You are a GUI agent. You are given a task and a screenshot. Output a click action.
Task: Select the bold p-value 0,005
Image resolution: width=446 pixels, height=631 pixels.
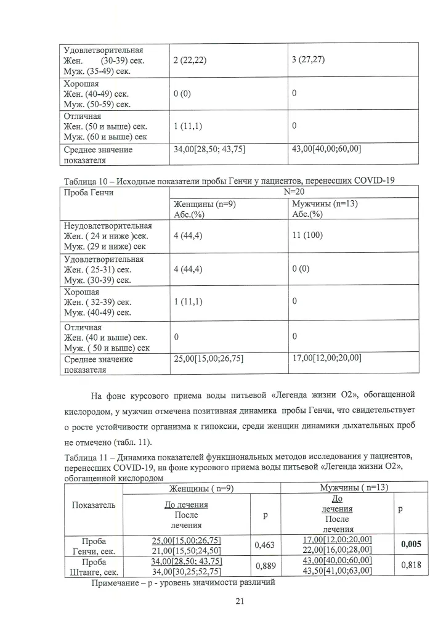[x=411, y=544]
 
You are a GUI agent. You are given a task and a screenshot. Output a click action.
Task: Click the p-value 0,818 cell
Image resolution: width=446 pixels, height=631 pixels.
[x=411, y=566]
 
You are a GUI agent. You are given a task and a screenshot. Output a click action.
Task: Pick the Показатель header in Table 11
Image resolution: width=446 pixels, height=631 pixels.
[x=94, y=505]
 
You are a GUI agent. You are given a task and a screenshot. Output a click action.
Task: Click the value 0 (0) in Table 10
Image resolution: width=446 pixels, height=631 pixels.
[x=301, y=269]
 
